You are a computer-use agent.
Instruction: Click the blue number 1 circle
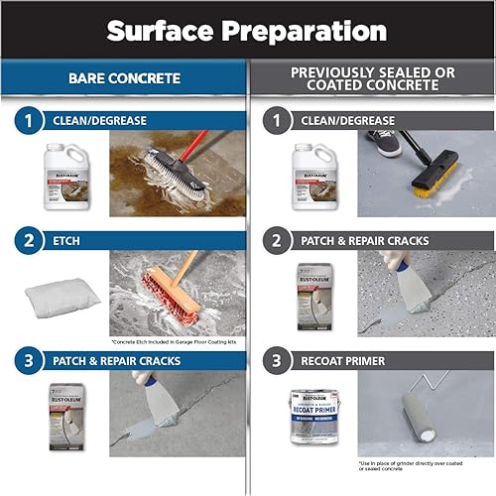point(30,121)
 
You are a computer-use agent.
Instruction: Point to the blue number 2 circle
point(30,240)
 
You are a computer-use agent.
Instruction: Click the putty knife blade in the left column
point(163,410)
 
